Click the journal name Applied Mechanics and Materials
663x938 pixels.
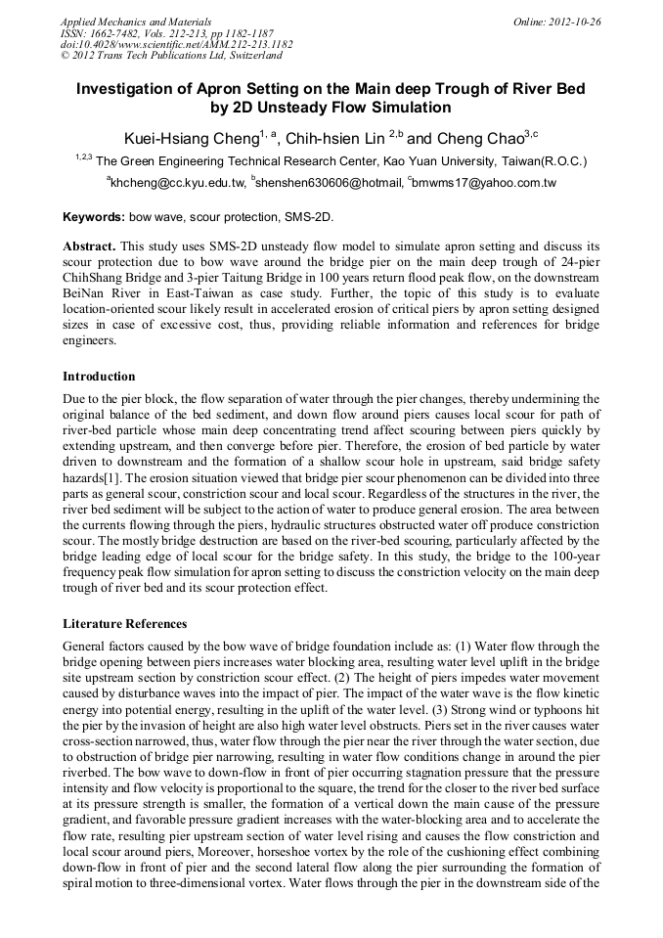tap(136, 21)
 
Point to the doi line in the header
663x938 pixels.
tap(176, 44)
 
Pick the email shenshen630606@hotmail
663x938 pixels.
tap(329, 182)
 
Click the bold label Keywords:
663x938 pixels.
tap(94, 216)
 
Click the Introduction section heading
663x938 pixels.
tap(99, 377)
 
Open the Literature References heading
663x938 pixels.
tap(124, 623)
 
